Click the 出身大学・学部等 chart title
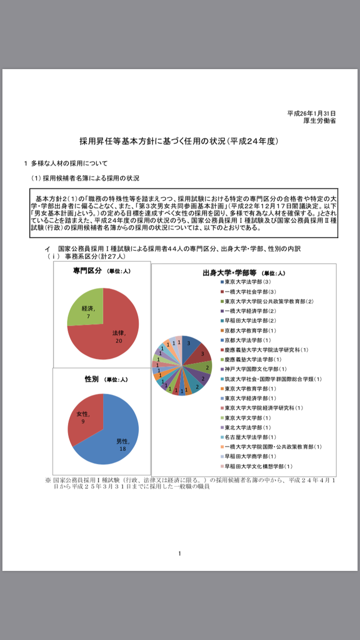[229, 273]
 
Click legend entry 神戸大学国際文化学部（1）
[252, 369]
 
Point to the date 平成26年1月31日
[311, 113]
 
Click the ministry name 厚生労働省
[319, 120]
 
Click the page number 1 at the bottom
[179, 553]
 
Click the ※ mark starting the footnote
[48, 480]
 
